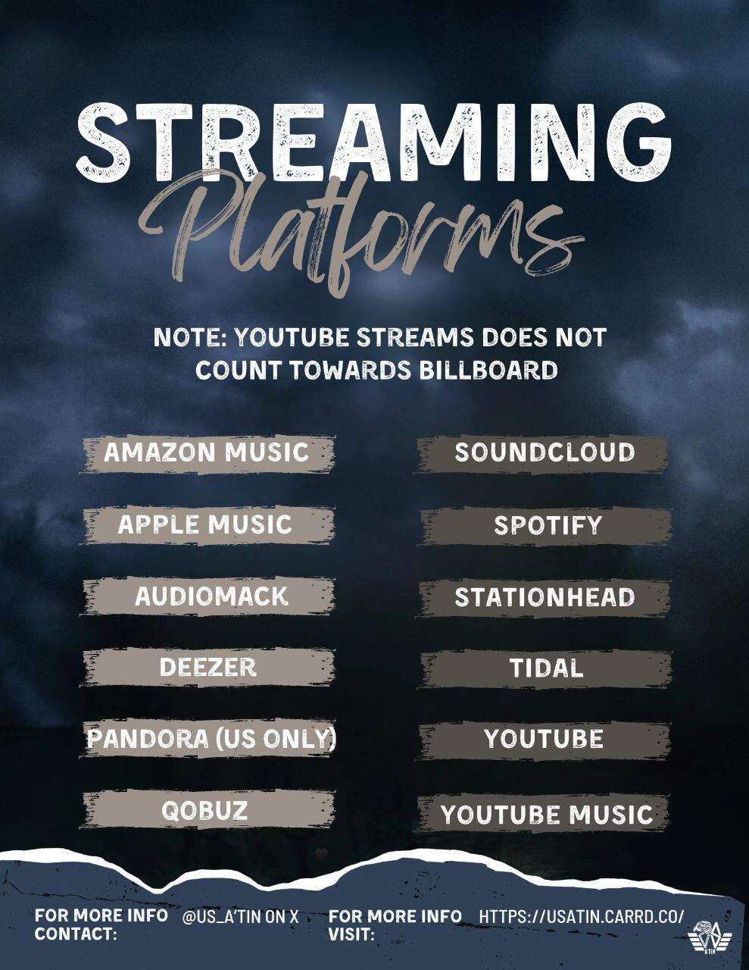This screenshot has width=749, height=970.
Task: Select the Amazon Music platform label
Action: point(206,453)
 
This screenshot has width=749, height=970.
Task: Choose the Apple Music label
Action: point(204,524)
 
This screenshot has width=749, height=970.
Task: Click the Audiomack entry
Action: point(211,596)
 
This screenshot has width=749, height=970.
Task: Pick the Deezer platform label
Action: point(208,668)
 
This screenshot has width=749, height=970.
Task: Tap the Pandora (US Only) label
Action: point(211,739)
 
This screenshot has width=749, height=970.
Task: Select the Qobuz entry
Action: point(204,810)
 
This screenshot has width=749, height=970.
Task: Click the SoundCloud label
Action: point(545,453)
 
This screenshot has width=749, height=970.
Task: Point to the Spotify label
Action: point(548,525)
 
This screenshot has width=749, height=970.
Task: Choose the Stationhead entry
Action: point(545,597)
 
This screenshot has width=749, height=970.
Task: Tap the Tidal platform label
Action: point(546,668)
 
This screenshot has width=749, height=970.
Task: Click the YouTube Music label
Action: point(547,815)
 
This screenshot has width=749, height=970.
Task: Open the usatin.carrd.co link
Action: point(582,916)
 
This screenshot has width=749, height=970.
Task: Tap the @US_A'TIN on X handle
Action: point(241,916)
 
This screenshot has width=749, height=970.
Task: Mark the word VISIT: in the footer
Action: point(351,934)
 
